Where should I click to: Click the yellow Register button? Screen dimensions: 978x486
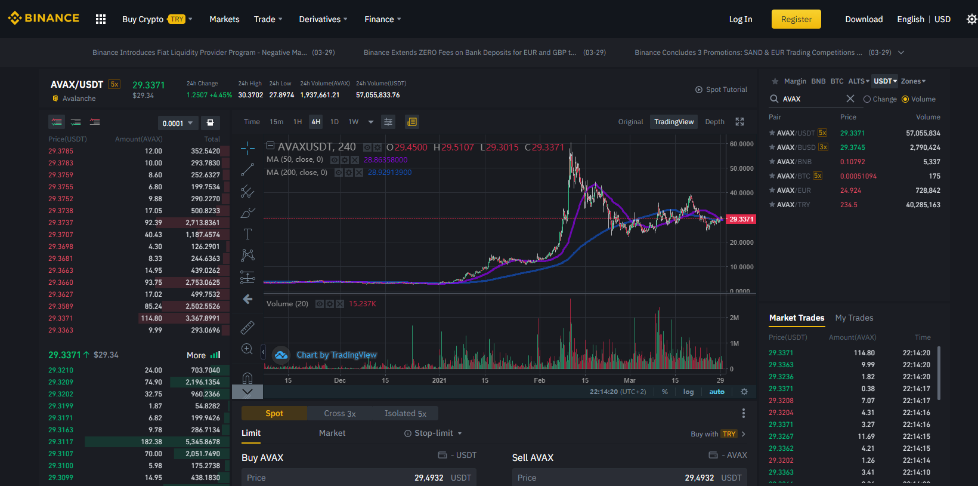796,19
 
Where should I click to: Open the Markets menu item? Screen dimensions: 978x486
224,19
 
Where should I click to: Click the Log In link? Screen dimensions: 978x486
741,19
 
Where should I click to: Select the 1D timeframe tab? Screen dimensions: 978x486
335,122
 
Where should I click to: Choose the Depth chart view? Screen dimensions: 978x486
715,122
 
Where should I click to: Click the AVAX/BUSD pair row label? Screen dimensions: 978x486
796,147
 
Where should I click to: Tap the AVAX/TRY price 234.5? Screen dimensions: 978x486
849,205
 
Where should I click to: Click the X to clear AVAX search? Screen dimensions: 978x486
850,99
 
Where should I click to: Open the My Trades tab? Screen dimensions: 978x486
854,318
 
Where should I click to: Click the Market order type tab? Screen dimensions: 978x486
332,433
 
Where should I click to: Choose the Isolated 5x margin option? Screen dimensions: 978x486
405,413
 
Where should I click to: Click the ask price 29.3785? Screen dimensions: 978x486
61,151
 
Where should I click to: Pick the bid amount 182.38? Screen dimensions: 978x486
151,442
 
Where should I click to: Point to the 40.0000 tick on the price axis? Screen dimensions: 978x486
741,193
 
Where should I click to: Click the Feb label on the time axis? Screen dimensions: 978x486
540,380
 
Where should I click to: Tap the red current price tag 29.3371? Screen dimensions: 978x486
741,219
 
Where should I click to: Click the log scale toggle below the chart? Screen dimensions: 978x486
688,392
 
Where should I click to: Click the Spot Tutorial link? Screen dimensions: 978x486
721,90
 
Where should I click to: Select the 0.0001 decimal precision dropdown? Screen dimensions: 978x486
177,123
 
